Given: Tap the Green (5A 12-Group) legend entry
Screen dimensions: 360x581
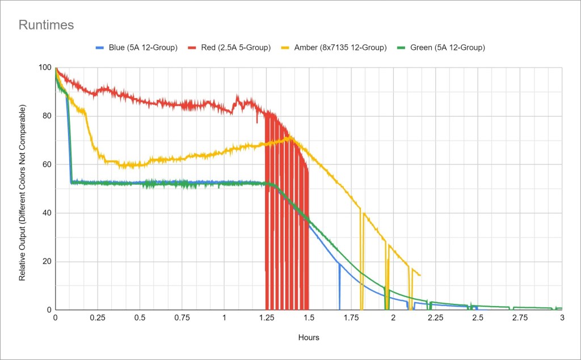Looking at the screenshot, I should click(446, 48).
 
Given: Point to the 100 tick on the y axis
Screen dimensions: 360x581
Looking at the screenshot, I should click(44, 67).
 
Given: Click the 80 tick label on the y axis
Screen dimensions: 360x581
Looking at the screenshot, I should click(47, 116).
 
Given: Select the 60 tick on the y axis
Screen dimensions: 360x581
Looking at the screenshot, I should click(47, 165).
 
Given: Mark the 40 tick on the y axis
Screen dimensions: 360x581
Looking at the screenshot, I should click(47, 213).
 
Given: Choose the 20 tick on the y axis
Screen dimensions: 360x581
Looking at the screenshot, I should click(47, 262).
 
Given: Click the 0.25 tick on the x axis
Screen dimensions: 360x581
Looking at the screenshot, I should click(97, 318).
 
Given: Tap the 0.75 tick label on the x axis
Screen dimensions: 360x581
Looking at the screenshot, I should click(182, 318).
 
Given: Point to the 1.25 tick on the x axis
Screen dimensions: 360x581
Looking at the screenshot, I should click(266, 318).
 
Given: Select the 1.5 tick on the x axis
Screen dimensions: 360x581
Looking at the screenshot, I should click(309, 318).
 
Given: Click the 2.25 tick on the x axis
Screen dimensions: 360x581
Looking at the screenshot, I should click(435, 318).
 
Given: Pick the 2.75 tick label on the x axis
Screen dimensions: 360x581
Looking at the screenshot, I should click(520, 318).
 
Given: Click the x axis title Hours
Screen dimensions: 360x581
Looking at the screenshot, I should click(309, 337).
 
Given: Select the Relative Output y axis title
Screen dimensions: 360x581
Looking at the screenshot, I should click(23, 193).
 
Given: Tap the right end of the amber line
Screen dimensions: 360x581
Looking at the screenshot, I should click(420, 276).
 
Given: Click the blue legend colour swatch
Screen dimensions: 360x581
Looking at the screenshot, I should click(101, 48).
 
